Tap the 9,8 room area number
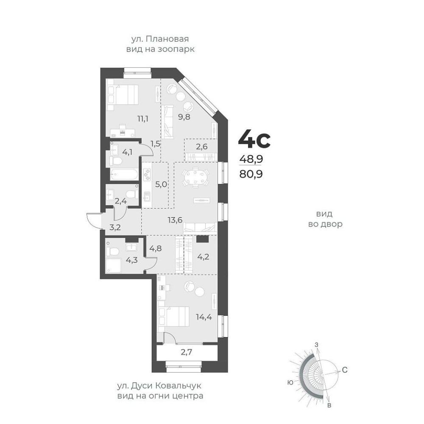184,117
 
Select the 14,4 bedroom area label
204,317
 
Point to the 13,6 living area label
175,220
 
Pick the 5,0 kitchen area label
161,184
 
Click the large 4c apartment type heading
254,139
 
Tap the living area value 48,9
251,159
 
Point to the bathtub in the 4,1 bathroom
124,174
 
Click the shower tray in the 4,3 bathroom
113,266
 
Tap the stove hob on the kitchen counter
147,174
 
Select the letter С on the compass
344,370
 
